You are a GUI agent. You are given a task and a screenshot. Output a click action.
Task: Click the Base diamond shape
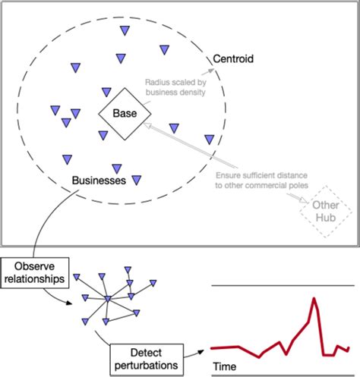pos(124,114)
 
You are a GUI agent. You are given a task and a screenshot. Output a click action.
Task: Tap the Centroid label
pos(233,58)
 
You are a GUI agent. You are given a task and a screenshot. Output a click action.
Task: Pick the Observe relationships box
pos(36,272)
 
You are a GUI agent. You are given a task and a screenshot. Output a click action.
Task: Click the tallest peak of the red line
pos(313,299)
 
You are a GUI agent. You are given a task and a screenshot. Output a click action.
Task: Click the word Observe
pos(36,265)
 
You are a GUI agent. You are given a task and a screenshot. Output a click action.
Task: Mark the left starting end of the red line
pos(213,348)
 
